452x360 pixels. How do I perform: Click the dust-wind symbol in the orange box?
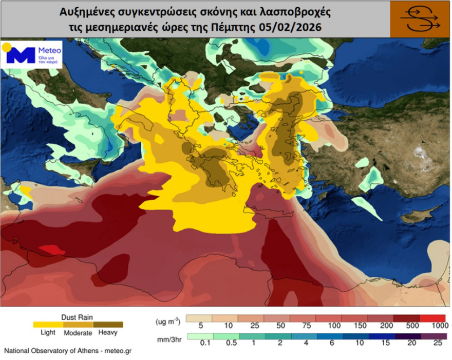click(420, 19)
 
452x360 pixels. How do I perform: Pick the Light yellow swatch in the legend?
click(48, 324)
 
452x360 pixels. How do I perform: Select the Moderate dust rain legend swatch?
click(78, 324)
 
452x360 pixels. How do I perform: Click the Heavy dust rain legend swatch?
click(108, 324)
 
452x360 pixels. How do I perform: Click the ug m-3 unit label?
click(167, 321)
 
